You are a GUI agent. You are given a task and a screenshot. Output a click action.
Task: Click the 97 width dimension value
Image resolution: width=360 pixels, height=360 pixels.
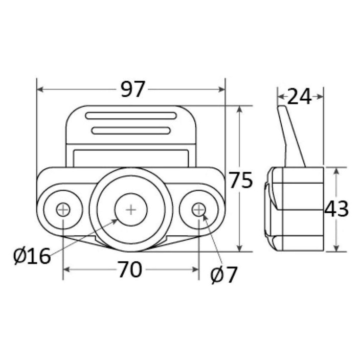pyautogui.click(x=133, y=89)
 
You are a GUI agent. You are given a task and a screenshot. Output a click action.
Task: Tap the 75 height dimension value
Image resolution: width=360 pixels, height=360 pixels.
pyautogui.click(x=241, y=180)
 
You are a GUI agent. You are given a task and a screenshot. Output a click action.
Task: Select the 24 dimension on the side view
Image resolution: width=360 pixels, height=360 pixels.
pyautogui.click(x=299, y=97)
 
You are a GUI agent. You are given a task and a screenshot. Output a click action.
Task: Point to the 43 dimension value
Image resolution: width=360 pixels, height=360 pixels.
pyautogui.click(x=336, y=209)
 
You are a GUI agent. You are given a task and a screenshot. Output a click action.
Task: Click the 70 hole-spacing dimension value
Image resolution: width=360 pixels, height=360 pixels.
pyautogui.click(x=130, y=269)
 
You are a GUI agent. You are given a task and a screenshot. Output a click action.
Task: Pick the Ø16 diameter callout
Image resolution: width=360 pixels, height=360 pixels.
pyautogui.click(x=32, y=256)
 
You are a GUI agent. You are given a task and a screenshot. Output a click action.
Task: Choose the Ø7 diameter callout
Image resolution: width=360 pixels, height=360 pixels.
pyautogui.click(x=223, y=275)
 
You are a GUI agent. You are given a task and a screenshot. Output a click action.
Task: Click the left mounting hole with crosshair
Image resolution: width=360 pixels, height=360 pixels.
pyautogui.click(x=63, y=210)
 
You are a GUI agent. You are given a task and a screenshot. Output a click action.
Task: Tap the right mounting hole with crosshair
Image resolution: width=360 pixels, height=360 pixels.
pyautogui.click(x=199, y=210)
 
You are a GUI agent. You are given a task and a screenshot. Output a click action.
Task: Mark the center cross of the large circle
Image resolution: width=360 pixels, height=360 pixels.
pyautogui.click(x=131, y=210)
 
